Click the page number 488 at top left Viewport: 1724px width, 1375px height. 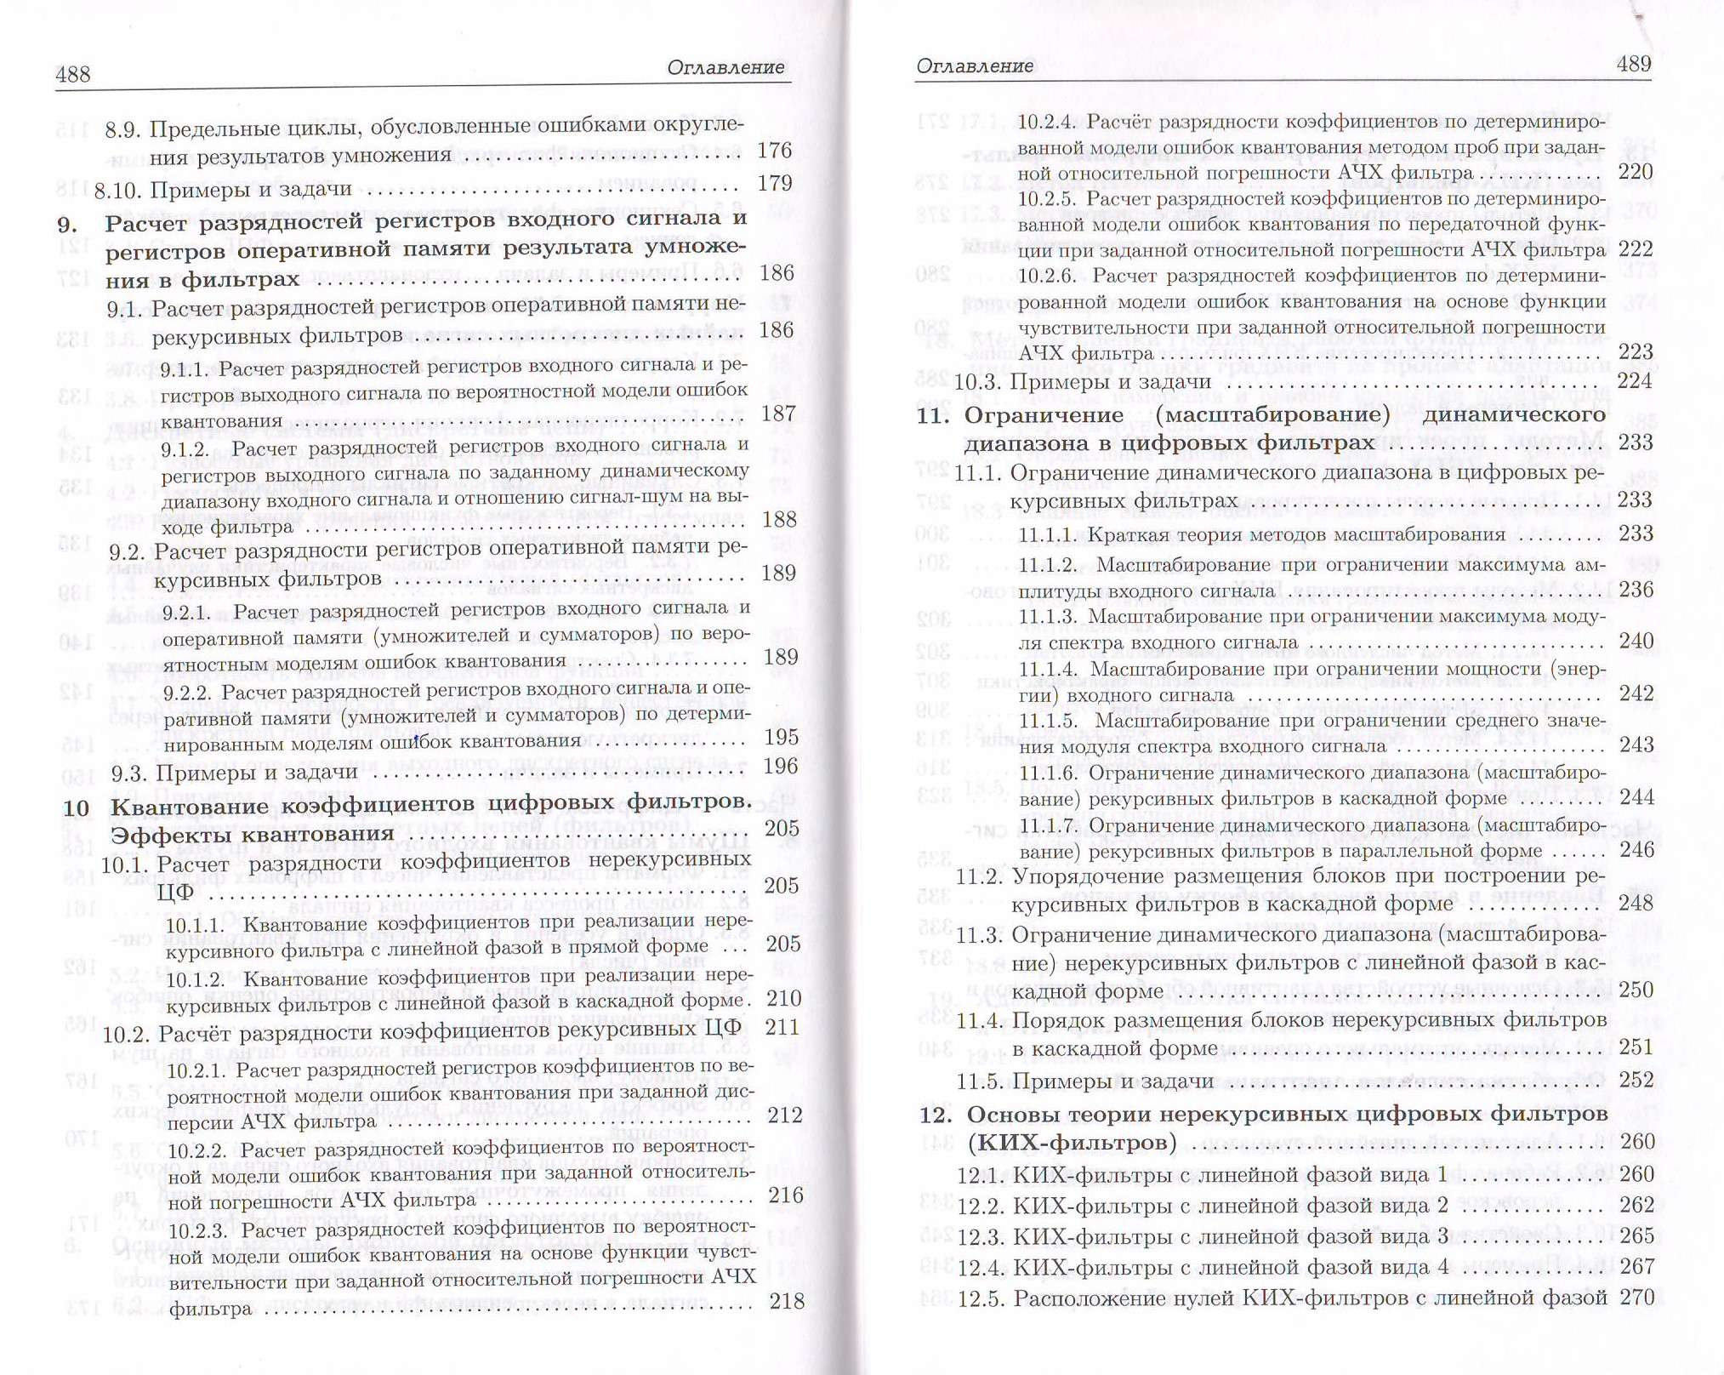73,75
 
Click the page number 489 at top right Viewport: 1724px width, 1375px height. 1633,65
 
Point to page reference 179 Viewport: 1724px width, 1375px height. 774,184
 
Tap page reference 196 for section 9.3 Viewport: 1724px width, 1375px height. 781,766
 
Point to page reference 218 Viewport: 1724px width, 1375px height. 785,1300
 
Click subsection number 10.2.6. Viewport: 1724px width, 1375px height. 1048,276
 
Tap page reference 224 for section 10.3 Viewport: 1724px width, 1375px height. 1634,381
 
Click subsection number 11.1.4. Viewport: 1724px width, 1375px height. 1050,670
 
